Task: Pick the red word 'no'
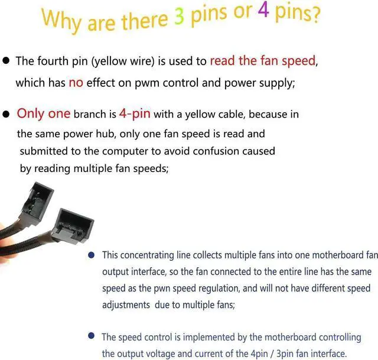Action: (x=76, y=83)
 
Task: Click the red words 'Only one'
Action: (x=43, y=113)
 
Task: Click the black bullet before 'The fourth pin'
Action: (x=6, y=61)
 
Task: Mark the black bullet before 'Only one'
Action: (x=6, y=113)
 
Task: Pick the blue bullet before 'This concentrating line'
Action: (x=91, y=255)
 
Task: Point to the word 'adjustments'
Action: (x=125, y=306)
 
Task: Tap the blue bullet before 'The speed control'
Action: (x=91, y=336)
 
